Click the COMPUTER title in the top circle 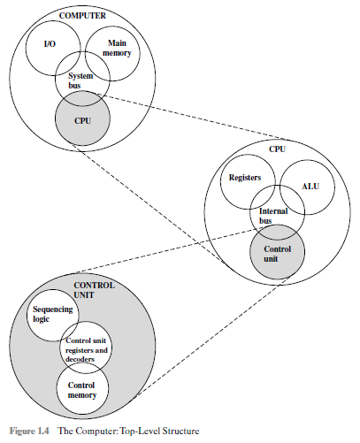click(81, 16)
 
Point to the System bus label click(81, 81)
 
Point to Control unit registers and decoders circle click(87, 354)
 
